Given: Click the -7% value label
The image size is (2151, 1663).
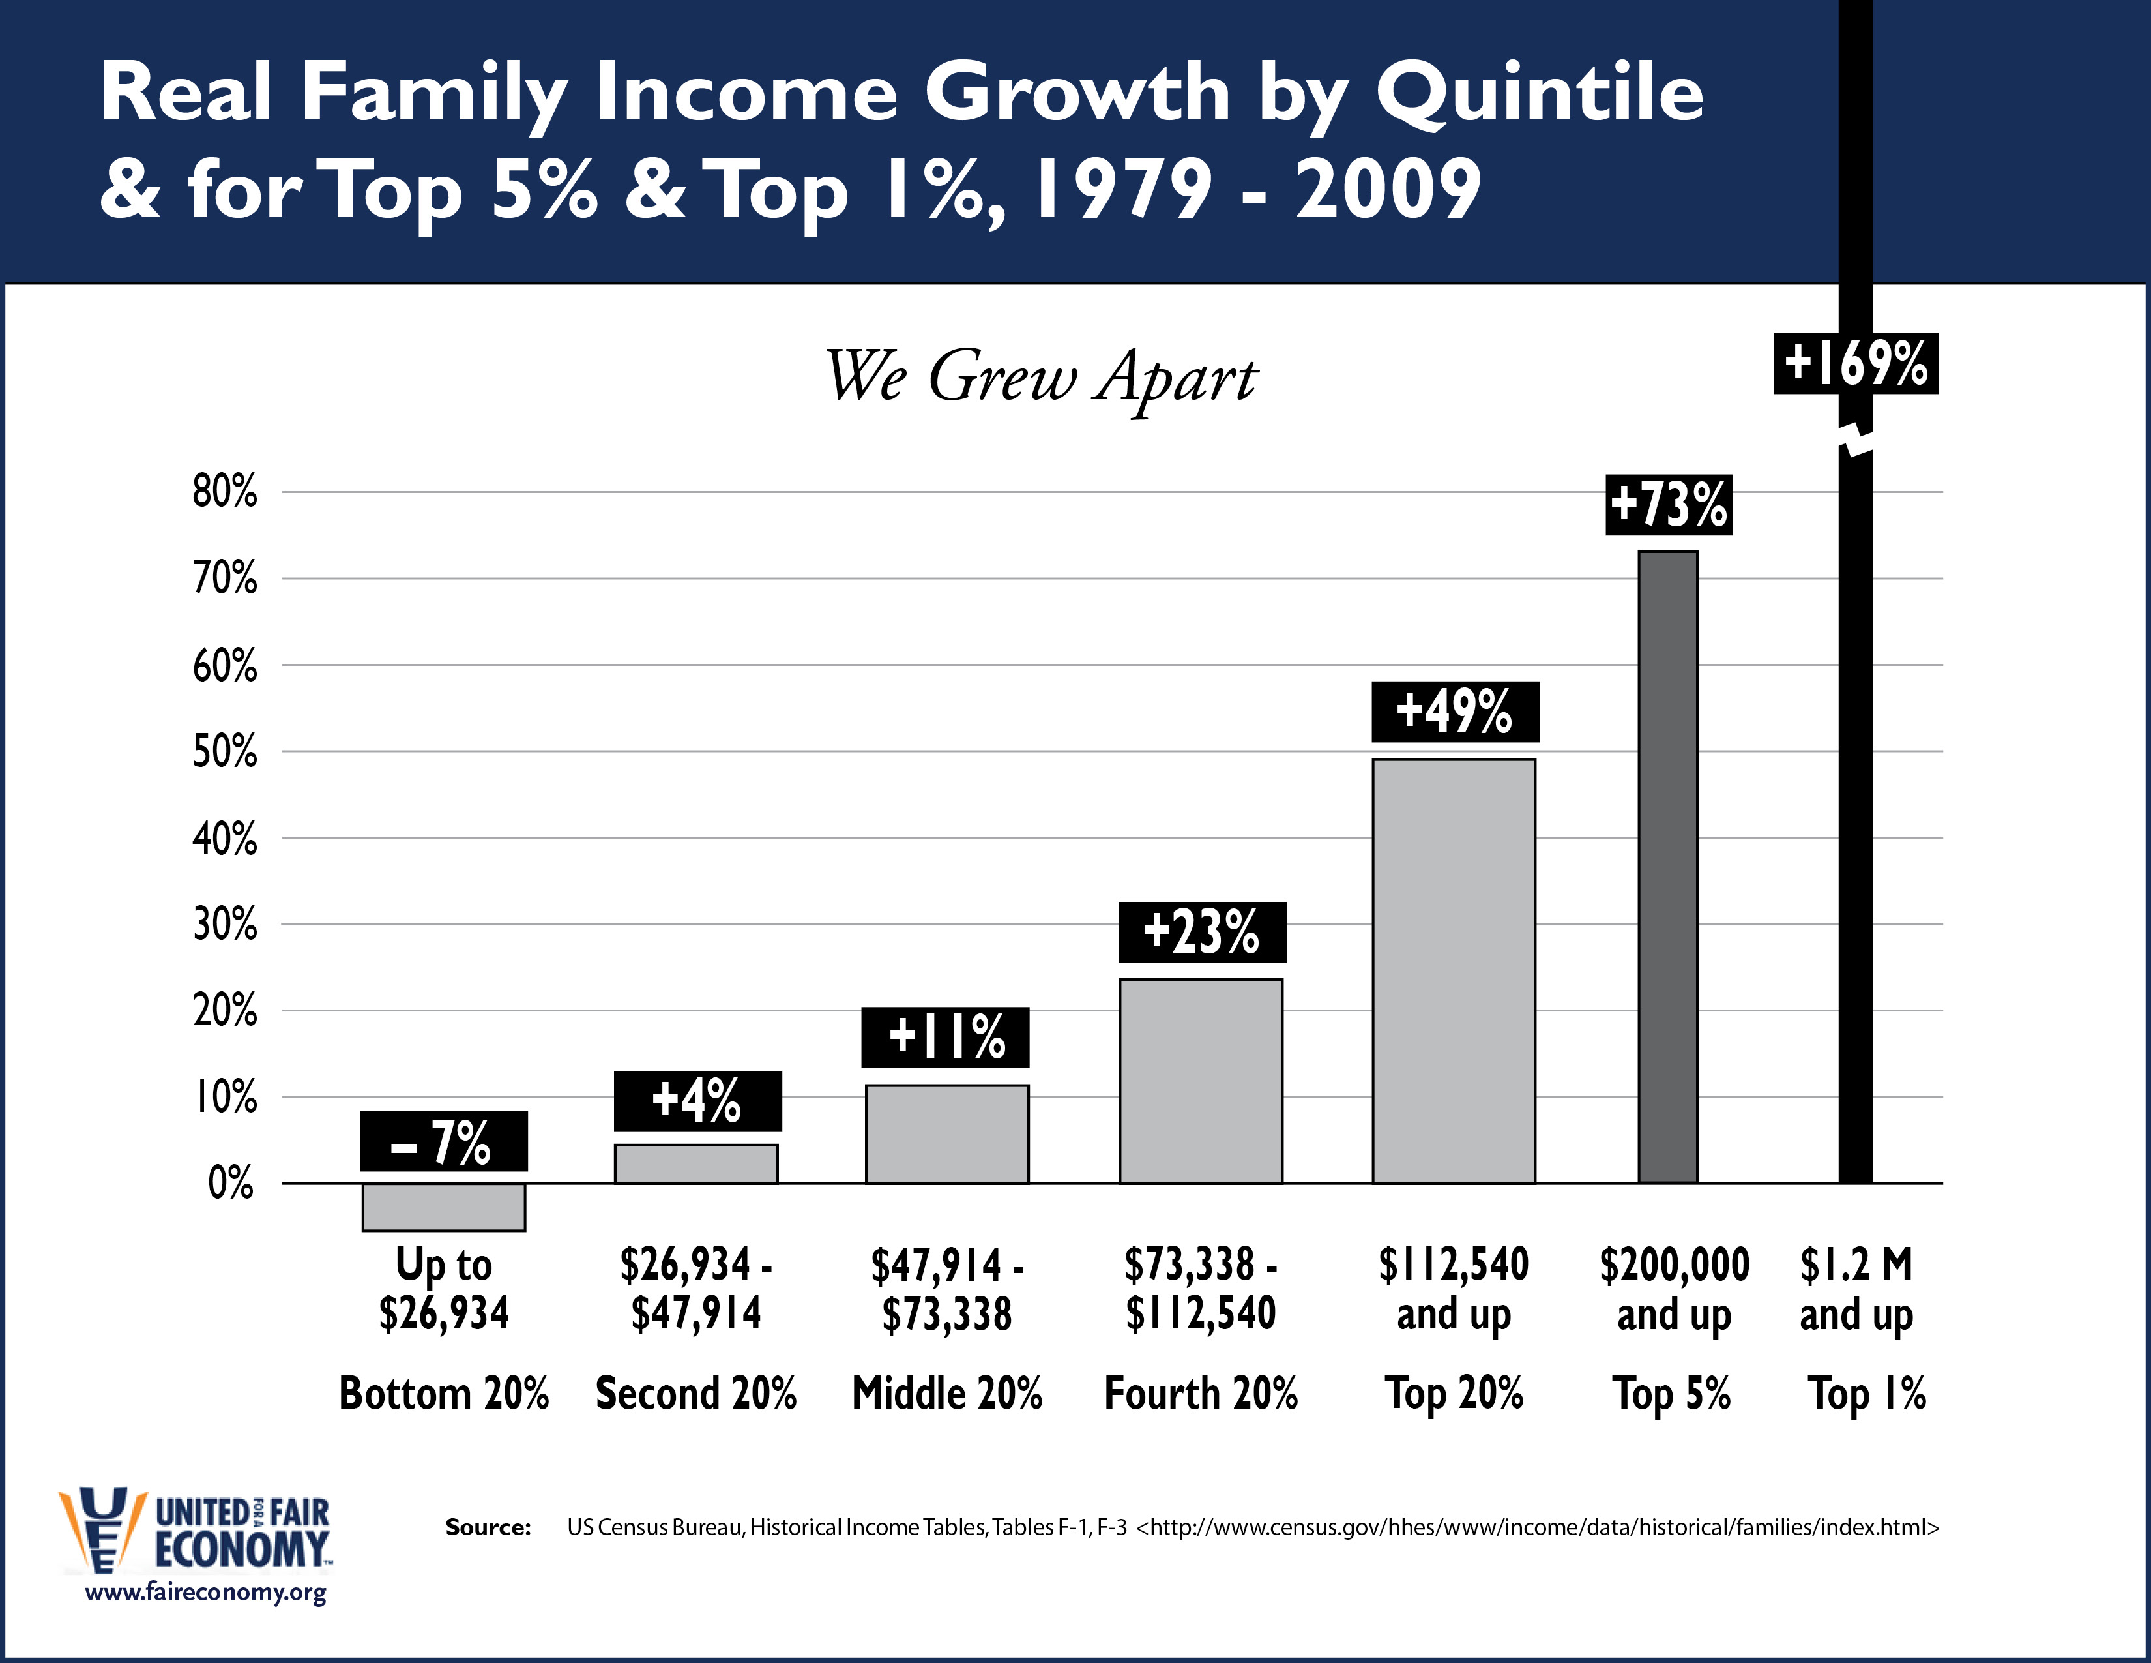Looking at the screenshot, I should (x=443, y=1141).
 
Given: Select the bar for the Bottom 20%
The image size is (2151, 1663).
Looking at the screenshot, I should (x=443, y=1207).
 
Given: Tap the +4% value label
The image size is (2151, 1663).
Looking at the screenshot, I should (x=697, y=1100).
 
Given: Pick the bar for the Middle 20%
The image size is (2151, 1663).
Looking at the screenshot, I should (x=946, y=1134).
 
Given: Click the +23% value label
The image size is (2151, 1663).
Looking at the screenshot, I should (x=1201, y=932).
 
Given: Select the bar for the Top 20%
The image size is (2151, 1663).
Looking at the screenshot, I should (x=1454, y=970).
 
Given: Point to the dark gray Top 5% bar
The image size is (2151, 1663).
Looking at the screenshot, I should (x=1667, y=867).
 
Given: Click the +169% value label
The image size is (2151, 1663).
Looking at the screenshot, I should (x=1856, y=363).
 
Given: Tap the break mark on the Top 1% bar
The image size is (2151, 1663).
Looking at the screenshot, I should (x=1856, y=442).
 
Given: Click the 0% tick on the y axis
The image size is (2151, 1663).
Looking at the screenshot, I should (x=231, y=1182).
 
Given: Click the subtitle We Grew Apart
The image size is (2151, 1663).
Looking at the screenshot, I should (x=1040, y=378).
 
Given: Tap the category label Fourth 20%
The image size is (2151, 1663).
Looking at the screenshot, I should (x=1201, y=1393).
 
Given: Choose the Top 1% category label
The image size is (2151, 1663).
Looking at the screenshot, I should (x=1866, y=1393).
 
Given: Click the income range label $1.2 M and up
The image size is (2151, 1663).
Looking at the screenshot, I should (x=1856, y=1289).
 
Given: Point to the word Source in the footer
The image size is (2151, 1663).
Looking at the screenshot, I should (x=488, y=1527).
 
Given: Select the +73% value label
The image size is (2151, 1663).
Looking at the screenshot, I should (x=1669, y=504).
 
